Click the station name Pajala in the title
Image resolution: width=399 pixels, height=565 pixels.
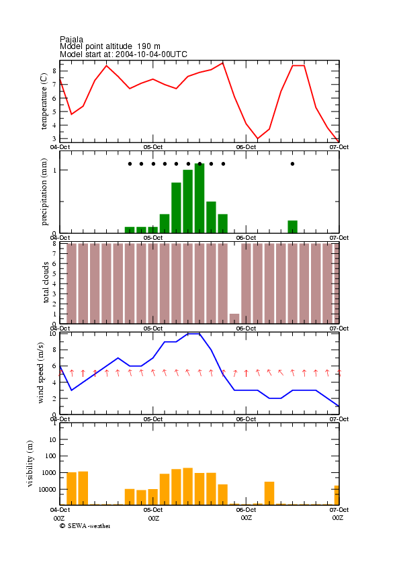(x=71, y=40)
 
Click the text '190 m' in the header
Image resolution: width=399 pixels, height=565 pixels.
(x=148, y=46)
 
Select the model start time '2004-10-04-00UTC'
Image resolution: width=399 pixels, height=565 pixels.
(x=151, y=54)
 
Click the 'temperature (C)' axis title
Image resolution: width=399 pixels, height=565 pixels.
(x=44, y=101)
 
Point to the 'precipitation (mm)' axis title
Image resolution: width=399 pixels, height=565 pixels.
(x=44, y=192)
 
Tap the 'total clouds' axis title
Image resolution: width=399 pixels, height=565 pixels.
(x=46, y=282)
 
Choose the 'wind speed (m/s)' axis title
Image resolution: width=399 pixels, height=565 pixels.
(x=40, y=373)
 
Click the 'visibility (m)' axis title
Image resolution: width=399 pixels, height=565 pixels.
(x=30, y=464)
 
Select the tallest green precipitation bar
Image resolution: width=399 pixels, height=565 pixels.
(x=199, y=198)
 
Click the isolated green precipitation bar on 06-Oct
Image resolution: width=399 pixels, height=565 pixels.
(x=292, y=226)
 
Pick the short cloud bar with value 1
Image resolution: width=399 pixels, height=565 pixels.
(x=234, y=318)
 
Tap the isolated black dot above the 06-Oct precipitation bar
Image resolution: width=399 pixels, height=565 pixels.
(x=292, y=164)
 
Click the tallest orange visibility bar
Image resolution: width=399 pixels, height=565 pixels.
(x=188, y=486)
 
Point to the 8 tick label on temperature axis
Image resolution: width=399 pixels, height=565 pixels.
(x=54, y=71)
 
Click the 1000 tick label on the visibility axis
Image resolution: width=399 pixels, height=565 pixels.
(x=50, y=473)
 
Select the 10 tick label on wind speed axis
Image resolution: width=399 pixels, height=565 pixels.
(x=53, y=334)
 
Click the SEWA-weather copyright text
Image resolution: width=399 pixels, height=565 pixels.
(x=85, y=526)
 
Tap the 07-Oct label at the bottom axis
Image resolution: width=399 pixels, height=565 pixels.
(x=339, y=510)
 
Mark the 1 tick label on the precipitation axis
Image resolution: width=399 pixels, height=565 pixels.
(x=55, y=170)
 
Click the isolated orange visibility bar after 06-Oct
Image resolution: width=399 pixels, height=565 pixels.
(x=269, y=493)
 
